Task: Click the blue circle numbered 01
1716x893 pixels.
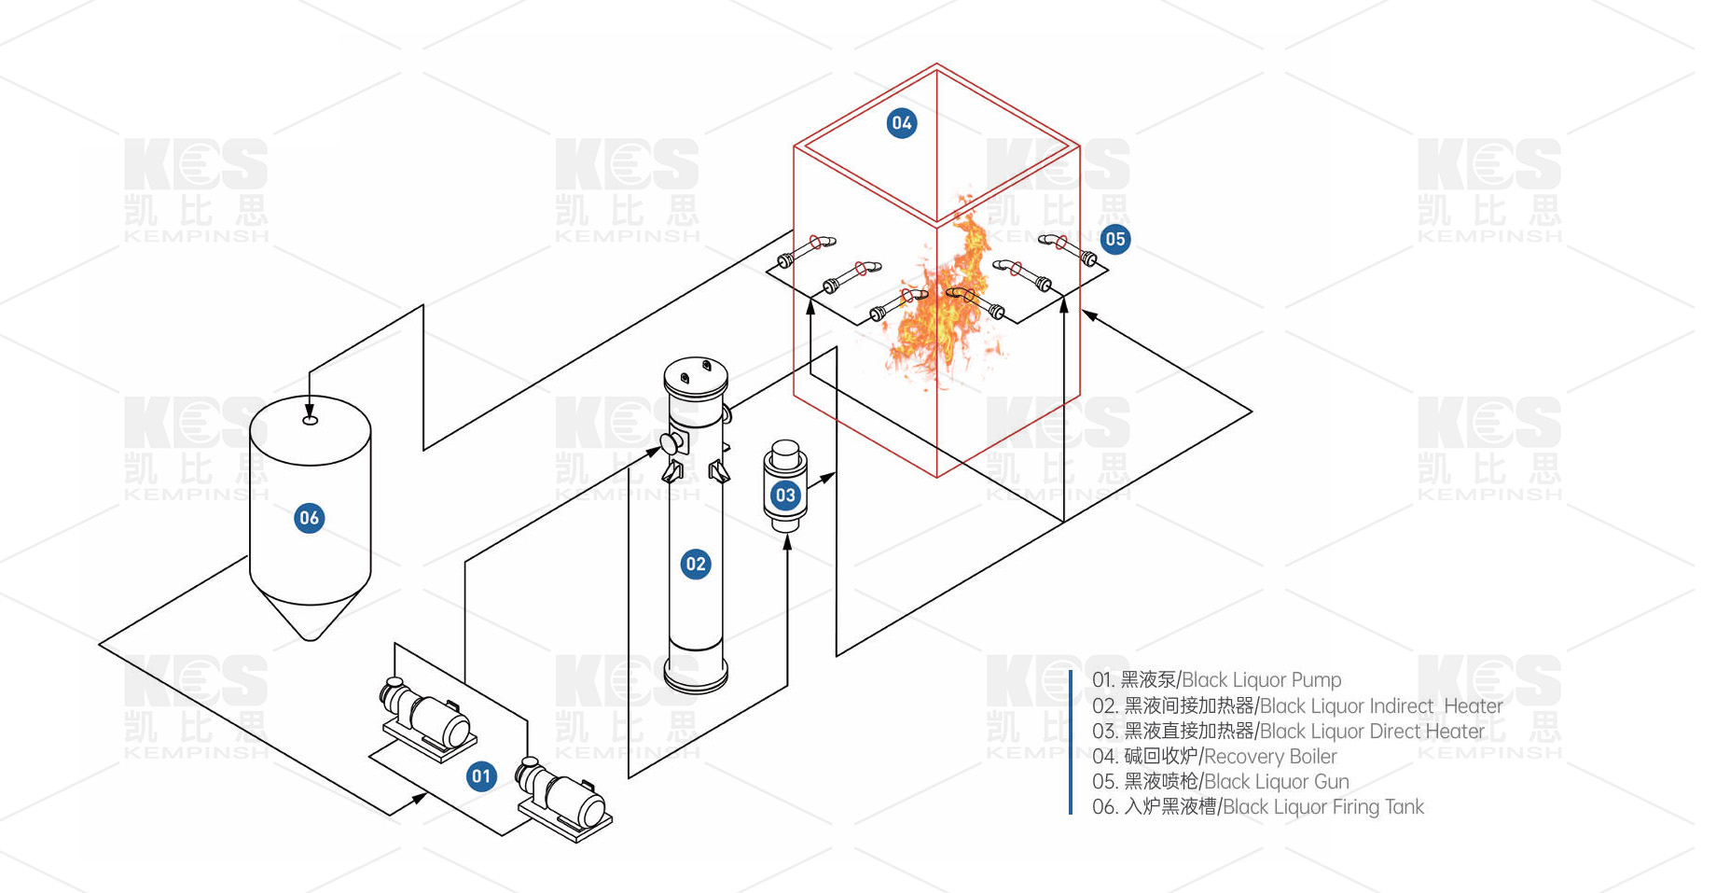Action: (481, 776)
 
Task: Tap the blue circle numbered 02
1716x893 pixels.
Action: (696, 564)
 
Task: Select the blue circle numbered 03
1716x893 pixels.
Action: (785, 495)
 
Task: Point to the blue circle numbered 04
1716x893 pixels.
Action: (901, 122)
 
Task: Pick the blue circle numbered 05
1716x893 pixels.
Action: (1114, 239)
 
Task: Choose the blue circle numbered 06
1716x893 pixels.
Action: (309, 518)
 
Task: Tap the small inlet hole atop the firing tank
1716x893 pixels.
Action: (311, 421)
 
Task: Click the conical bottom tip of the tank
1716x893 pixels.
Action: (311, 636)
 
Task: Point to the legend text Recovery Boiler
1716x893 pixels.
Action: (1270, 757)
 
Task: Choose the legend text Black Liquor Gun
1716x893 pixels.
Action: (1277, 782)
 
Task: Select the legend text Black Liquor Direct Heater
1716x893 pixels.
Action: (1372, 732)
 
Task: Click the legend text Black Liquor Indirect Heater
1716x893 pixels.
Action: (1381, 706)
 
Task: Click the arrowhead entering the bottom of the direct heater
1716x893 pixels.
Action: (787, 540)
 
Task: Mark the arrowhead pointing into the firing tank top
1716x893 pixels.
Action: (311, 407)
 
